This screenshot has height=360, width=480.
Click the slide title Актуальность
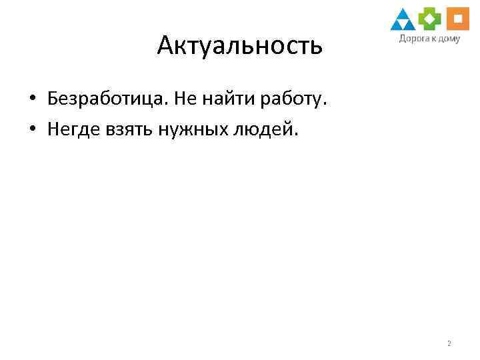(240, 45)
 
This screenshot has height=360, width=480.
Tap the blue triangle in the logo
(403, 20)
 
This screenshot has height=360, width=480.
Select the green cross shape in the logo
(431, 19)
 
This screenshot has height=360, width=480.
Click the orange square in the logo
(458, 19)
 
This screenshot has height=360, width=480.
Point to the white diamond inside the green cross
(431, 19)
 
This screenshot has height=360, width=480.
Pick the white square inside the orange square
(458, 19)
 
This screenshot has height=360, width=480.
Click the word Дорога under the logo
(413, 38)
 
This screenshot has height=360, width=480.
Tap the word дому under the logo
(448, 39)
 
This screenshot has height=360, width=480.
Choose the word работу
(296, 99)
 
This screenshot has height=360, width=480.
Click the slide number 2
(449, 344)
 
